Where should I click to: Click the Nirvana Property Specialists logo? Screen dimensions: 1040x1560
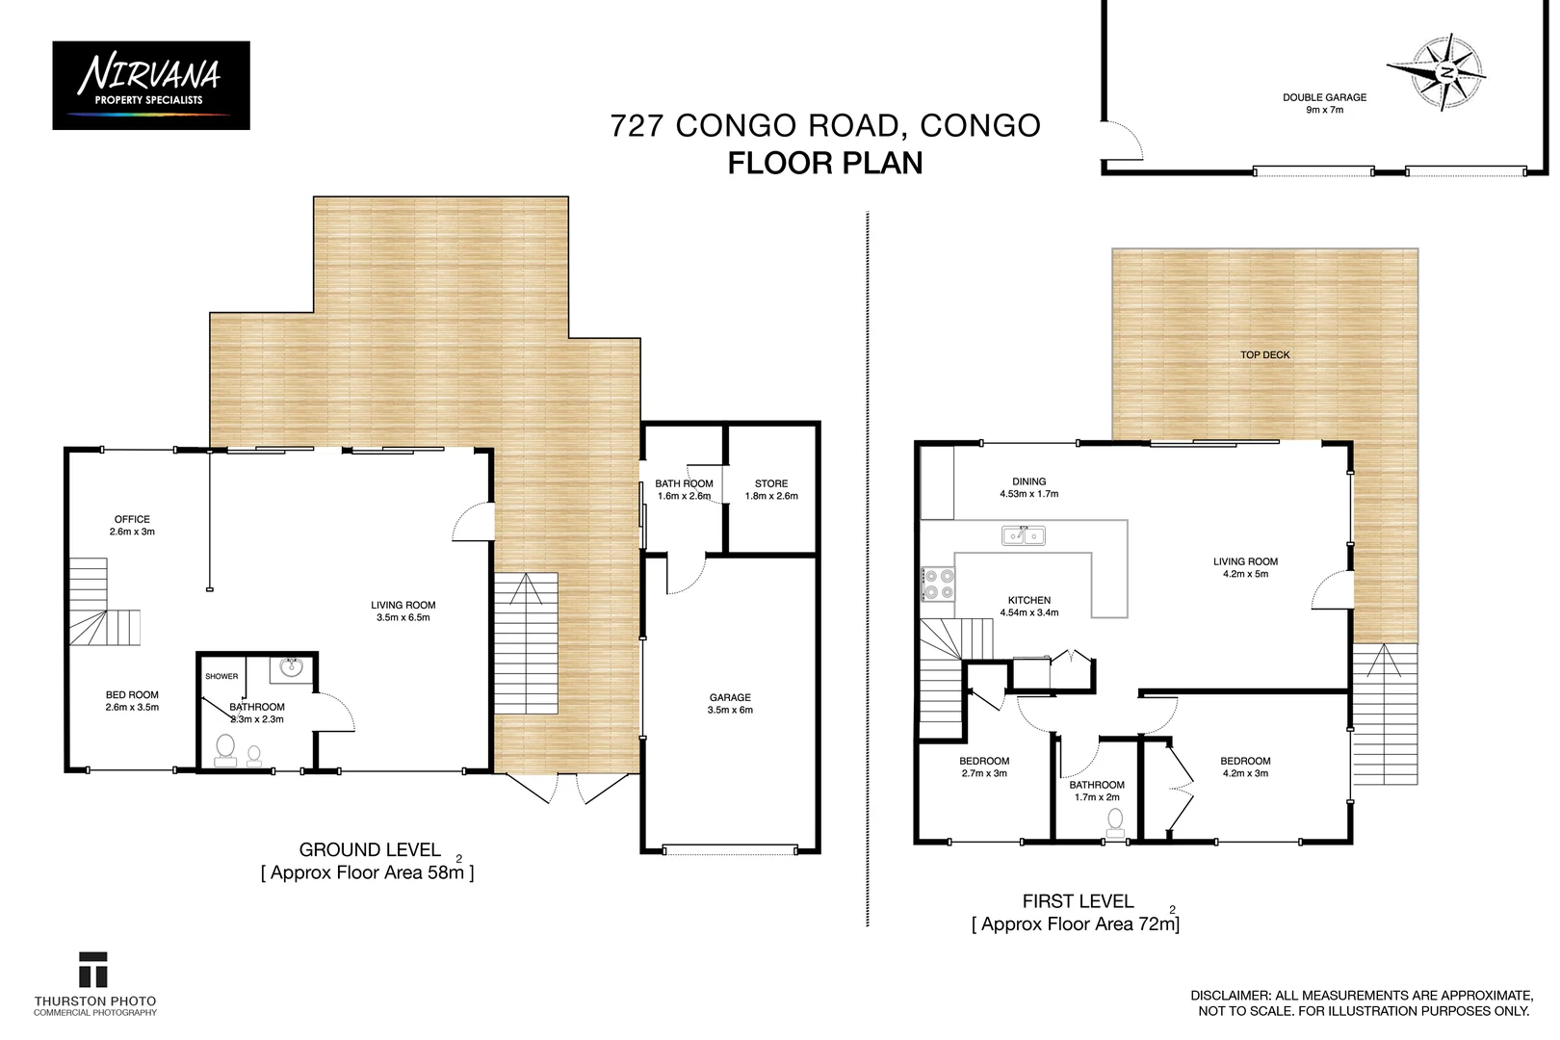[151, 85]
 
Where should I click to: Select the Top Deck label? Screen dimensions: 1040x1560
[1264, 355]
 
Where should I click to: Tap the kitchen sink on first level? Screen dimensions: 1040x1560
[1023, 534]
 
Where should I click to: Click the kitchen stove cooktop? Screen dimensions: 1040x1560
[939, 584]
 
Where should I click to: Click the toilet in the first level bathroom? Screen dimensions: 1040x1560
[1115, 820]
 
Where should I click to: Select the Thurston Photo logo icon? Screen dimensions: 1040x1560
[93, 970]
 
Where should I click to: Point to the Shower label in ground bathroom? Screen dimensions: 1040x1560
[221, 676]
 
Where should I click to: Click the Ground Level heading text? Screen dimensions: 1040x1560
[370, 850]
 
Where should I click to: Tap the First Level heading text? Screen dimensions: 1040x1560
[1078, 901]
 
